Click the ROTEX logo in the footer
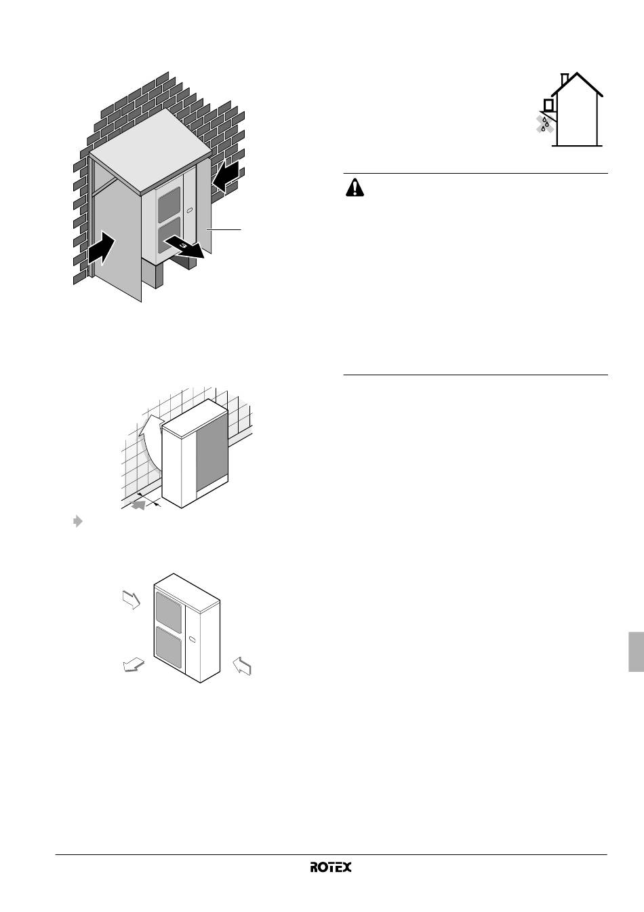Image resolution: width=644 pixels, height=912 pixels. pos(331,867)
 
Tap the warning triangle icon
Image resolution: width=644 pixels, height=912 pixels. pos(355,188)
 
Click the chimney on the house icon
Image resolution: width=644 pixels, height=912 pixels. pos(564,80)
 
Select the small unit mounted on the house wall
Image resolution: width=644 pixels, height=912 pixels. pos(548,104)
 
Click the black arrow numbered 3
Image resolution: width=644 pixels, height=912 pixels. pos(184,248)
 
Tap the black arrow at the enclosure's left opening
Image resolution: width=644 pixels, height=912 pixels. pos(102,248)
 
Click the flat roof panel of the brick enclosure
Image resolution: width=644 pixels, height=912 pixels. pos(150,151)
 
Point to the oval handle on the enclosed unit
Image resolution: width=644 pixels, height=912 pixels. pos(189,210)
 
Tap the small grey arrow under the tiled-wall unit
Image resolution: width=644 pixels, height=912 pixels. pos(139,506)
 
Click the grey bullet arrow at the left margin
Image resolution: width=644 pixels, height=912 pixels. pos(78,521)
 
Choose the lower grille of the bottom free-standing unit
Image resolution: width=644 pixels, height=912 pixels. pos(169,648)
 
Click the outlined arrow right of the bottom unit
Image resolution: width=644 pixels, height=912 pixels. pos(242,666)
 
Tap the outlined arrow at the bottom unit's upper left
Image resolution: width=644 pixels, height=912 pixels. pos(132,600)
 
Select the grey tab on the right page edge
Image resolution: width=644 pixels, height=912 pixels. pos(637,651)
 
